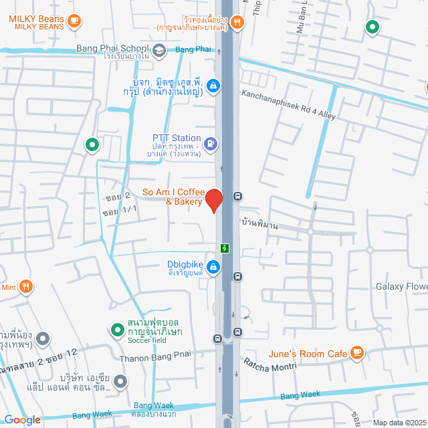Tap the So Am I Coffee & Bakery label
[173, 197]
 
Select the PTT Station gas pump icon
[211, 142]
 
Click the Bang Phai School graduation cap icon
[159, 49]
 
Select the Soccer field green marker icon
[117, 329]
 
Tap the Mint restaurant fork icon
[26, 287]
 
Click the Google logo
[22, 419]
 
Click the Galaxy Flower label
[401, 287]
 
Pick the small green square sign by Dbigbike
[226, 248]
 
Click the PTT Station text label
[177, 138]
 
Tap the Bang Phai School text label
[112, 48]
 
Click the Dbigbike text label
[185, 263]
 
